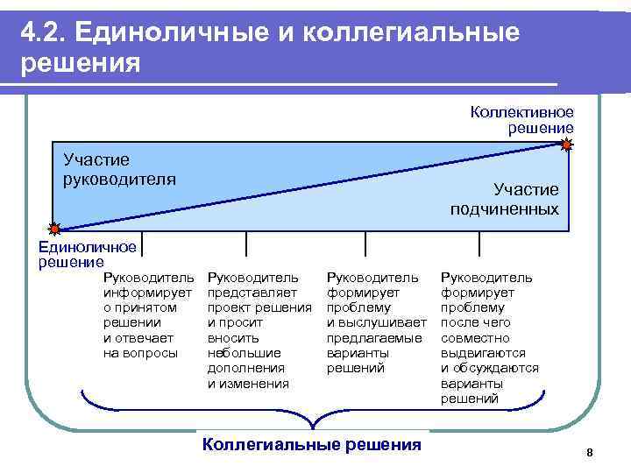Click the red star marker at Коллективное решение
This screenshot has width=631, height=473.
click(x=567, y=145)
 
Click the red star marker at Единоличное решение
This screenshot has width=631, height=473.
click(x=54, y=229)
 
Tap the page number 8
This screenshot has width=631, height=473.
click(x=589, y=452)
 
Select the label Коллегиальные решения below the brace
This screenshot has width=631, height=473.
click(x=311, y=444)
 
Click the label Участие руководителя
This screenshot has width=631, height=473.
click(x=119, y=169)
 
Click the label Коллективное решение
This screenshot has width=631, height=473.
click(x=521, y=120)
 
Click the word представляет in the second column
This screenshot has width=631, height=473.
click(x=252, y=293)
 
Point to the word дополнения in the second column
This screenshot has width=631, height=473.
click(x=246, y=368)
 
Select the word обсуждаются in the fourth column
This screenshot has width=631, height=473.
click(x=495, y=368)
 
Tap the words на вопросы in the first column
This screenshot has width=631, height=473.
click(x=140, y=353)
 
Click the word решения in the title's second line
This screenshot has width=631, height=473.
click(x=80, y=64)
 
